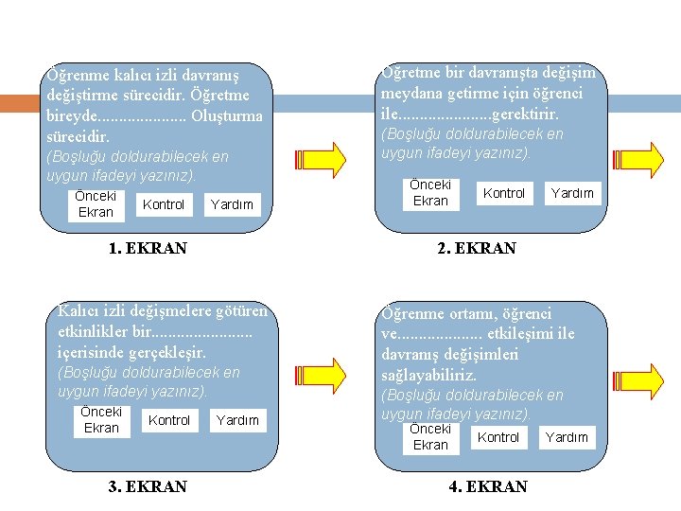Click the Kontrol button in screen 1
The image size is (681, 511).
click(164, 204)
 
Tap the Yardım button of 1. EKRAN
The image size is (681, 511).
click(232, 204)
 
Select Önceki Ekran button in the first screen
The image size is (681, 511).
click(95, 204)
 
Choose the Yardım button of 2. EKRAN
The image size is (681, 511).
click(572, 193)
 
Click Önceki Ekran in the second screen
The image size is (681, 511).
click(430, 193)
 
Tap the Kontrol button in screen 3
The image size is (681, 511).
click(169, 420)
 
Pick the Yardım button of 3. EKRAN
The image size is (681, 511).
click(237, 420)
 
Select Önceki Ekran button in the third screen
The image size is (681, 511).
click(101, 420)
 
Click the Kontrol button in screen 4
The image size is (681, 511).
click(498, 437)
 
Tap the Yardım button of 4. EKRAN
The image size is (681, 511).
click(567, 437)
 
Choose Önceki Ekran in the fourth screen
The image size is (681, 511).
click(430, 437)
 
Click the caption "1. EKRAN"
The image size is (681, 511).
click(148, 249)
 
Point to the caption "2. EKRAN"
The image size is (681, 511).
click(477, 249)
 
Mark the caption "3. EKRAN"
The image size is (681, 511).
click(148, 487)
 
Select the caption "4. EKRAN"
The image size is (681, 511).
click(488, 487)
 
